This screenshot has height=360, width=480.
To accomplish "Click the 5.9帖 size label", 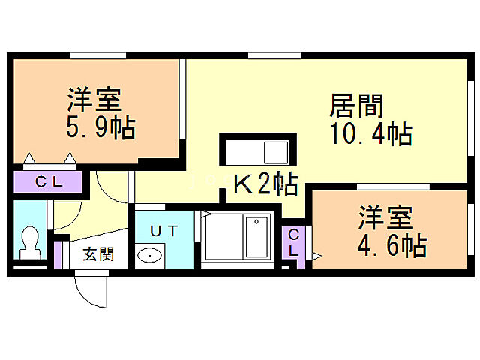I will pos(100,128).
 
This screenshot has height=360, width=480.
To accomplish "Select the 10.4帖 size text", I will pos(370,135).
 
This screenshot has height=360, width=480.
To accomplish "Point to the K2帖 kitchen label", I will pos(264,182).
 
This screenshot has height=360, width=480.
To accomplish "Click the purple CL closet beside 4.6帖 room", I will pos(294,244).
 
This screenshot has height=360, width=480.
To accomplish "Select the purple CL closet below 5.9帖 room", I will pos(49,181).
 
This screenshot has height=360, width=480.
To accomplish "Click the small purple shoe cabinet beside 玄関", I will pos(58,253).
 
